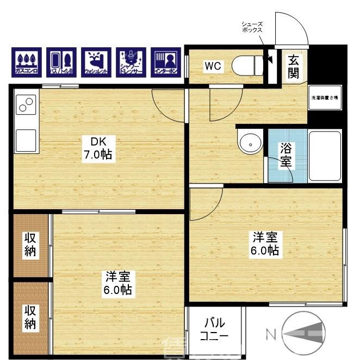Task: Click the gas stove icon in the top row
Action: (x=26, y=62)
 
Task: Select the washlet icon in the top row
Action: (x=96, y=62)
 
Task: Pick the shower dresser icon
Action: (x=131, y=62)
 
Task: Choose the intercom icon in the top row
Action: (x=165, y=62)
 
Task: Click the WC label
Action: (x=212, y=67)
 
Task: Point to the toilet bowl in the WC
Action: (x=244, y=66)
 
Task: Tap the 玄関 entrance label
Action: (x=294, y=66)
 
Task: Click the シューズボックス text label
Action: (x=253, y=27)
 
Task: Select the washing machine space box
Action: (x=325, y=98)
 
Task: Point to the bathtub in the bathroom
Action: (x=325, y=156)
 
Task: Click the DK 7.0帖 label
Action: (x=98, y=148)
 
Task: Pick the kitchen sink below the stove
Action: (x=26, y=140)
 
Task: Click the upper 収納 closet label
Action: (x=30, y=245)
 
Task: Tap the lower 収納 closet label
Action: (x=30, y=317)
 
